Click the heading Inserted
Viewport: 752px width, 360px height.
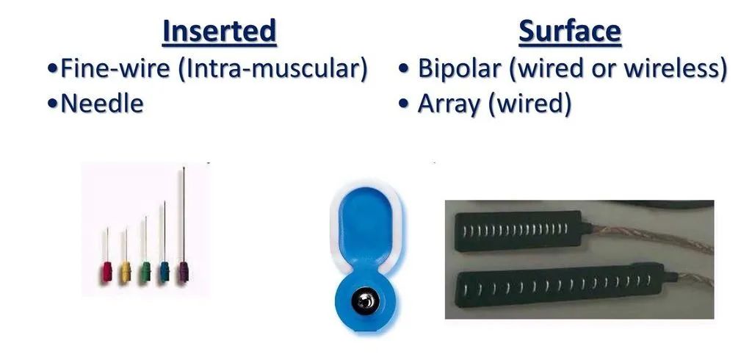point(219,32)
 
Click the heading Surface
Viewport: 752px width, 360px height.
point(570,32)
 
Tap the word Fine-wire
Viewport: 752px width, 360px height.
point(115,68)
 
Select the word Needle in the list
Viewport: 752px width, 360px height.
point(102,104)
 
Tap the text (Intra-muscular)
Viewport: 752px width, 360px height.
point(272,69)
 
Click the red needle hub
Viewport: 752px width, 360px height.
point(106,272)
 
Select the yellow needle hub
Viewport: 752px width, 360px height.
point(126,272)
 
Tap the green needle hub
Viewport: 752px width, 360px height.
point(145,272)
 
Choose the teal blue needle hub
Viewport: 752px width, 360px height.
point(164,272)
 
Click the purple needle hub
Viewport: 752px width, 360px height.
point(183,272)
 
